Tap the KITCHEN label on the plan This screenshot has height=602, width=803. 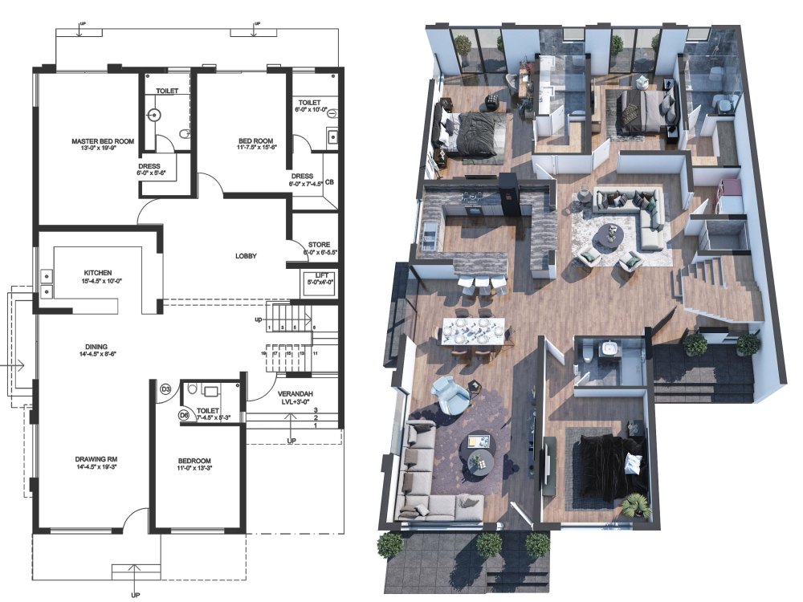(97, 272)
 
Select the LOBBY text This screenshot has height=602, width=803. (245, 257)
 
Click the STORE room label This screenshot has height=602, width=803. (319, 245)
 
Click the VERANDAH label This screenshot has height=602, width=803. (296, 394)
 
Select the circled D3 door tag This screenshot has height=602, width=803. (166, 390)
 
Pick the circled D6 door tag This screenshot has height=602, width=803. (183, 415)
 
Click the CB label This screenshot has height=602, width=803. (329, 181)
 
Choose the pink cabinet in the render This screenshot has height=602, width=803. (730, 190)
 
